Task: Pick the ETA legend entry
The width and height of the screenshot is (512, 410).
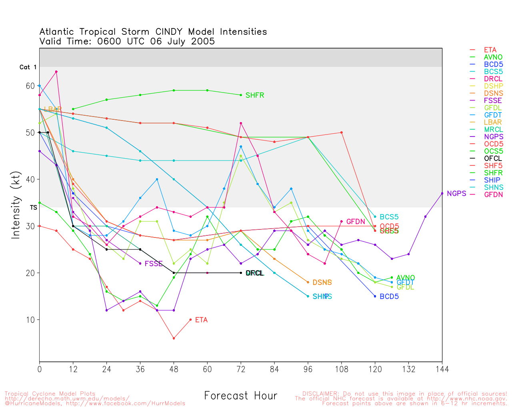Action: point(490,50)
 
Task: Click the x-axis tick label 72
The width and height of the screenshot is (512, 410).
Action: point(241,369)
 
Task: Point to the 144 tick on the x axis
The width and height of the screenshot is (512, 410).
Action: point(442,369)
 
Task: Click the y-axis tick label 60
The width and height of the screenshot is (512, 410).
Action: point(31,86)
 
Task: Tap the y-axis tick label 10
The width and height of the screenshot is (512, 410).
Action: point(31,320)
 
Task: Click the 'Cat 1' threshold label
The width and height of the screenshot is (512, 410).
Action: point(28,67)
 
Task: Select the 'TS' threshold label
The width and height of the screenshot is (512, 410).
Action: point(34,207)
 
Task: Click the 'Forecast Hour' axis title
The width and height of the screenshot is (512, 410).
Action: point(241,396)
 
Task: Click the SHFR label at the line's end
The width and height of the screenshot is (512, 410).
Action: point(255,95)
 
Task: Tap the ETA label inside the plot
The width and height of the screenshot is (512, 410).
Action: point(201,320)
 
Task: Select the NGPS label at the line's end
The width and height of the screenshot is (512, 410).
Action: point(456,193)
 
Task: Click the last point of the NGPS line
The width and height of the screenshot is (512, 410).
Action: point(442,193)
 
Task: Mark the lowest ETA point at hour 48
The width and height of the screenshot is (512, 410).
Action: point(174,338)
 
